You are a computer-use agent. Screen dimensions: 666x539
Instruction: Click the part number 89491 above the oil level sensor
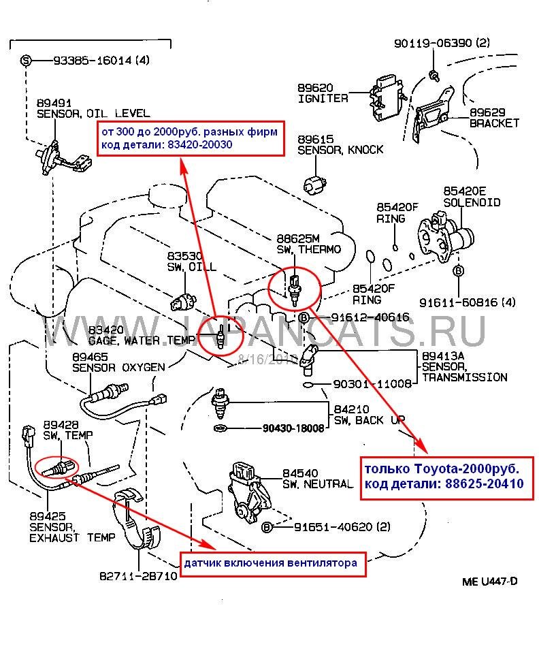pyautogui.click(x=51, y=103)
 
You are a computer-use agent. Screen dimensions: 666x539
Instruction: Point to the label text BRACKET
pyautogui.click(x=494, y=123)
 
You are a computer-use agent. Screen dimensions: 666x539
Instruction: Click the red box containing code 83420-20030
pyautogui.click(x=189, y=139)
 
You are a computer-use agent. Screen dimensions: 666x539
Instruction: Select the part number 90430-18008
pyautogui.click(x=294, y=428)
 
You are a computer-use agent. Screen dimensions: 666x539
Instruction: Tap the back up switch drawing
pyautogui.click(x=221, y=405)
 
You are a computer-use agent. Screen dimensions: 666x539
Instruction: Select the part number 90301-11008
pyautogui.click(x=373, y=384)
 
